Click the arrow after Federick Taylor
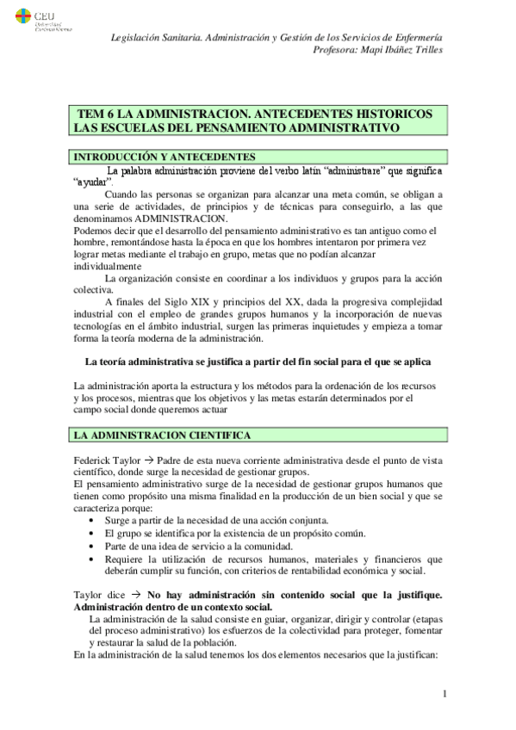point(148,461)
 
